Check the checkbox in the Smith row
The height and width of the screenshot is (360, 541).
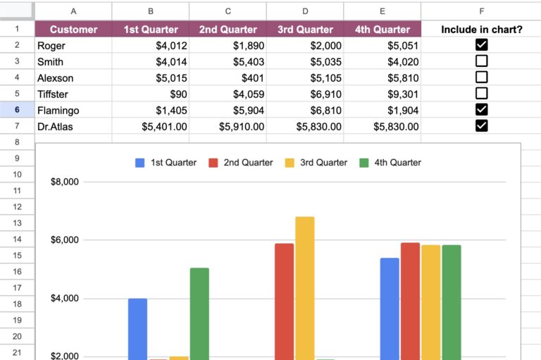point(482,61)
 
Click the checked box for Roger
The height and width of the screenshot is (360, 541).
point(482,45)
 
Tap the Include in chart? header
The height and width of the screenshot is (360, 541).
point(482,30)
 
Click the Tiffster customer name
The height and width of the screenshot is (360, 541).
point(56,94)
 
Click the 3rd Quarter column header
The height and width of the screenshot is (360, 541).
point(305,30)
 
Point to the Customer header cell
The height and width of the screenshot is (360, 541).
point(73,30)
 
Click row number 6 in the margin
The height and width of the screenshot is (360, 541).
point(17,110)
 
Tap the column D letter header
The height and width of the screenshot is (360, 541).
point(305,11)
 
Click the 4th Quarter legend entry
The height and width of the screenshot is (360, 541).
point(390,163)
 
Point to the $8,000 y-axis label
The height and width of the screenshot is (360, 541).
point(64,182)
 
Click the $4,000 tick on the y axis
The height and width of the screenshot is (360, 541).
point(64,299)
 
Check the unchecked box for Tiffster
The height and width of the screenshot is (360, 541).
point(482,94)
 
